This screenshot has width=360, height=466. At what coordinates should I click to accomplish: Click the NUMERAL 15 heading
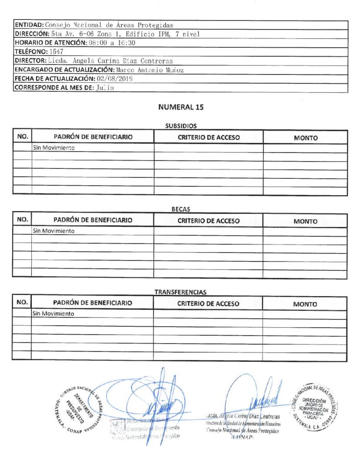pos(181,108)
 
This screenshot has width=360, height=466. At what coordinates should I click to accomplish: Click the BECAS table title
pos(181,209)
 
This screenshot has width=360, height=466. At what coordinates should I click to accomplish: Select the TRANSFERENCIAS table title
pos(181,292)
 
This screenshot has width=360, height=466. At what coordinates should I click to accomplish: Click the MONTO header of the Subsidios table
pos(305,138)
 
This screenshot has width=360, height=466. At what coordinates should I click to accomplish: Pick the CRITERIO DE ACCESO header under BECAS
pos(208,221)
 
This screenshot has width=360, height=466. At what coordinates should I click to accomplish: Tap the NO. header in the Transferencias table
pos(22,303)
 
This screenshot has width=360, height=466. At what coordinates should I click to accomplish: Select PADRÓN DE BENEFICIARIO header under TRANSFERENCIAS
pos(93,303)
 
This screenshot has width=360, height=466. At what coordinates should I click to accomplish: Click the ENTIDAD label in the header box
pos(29,25)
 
